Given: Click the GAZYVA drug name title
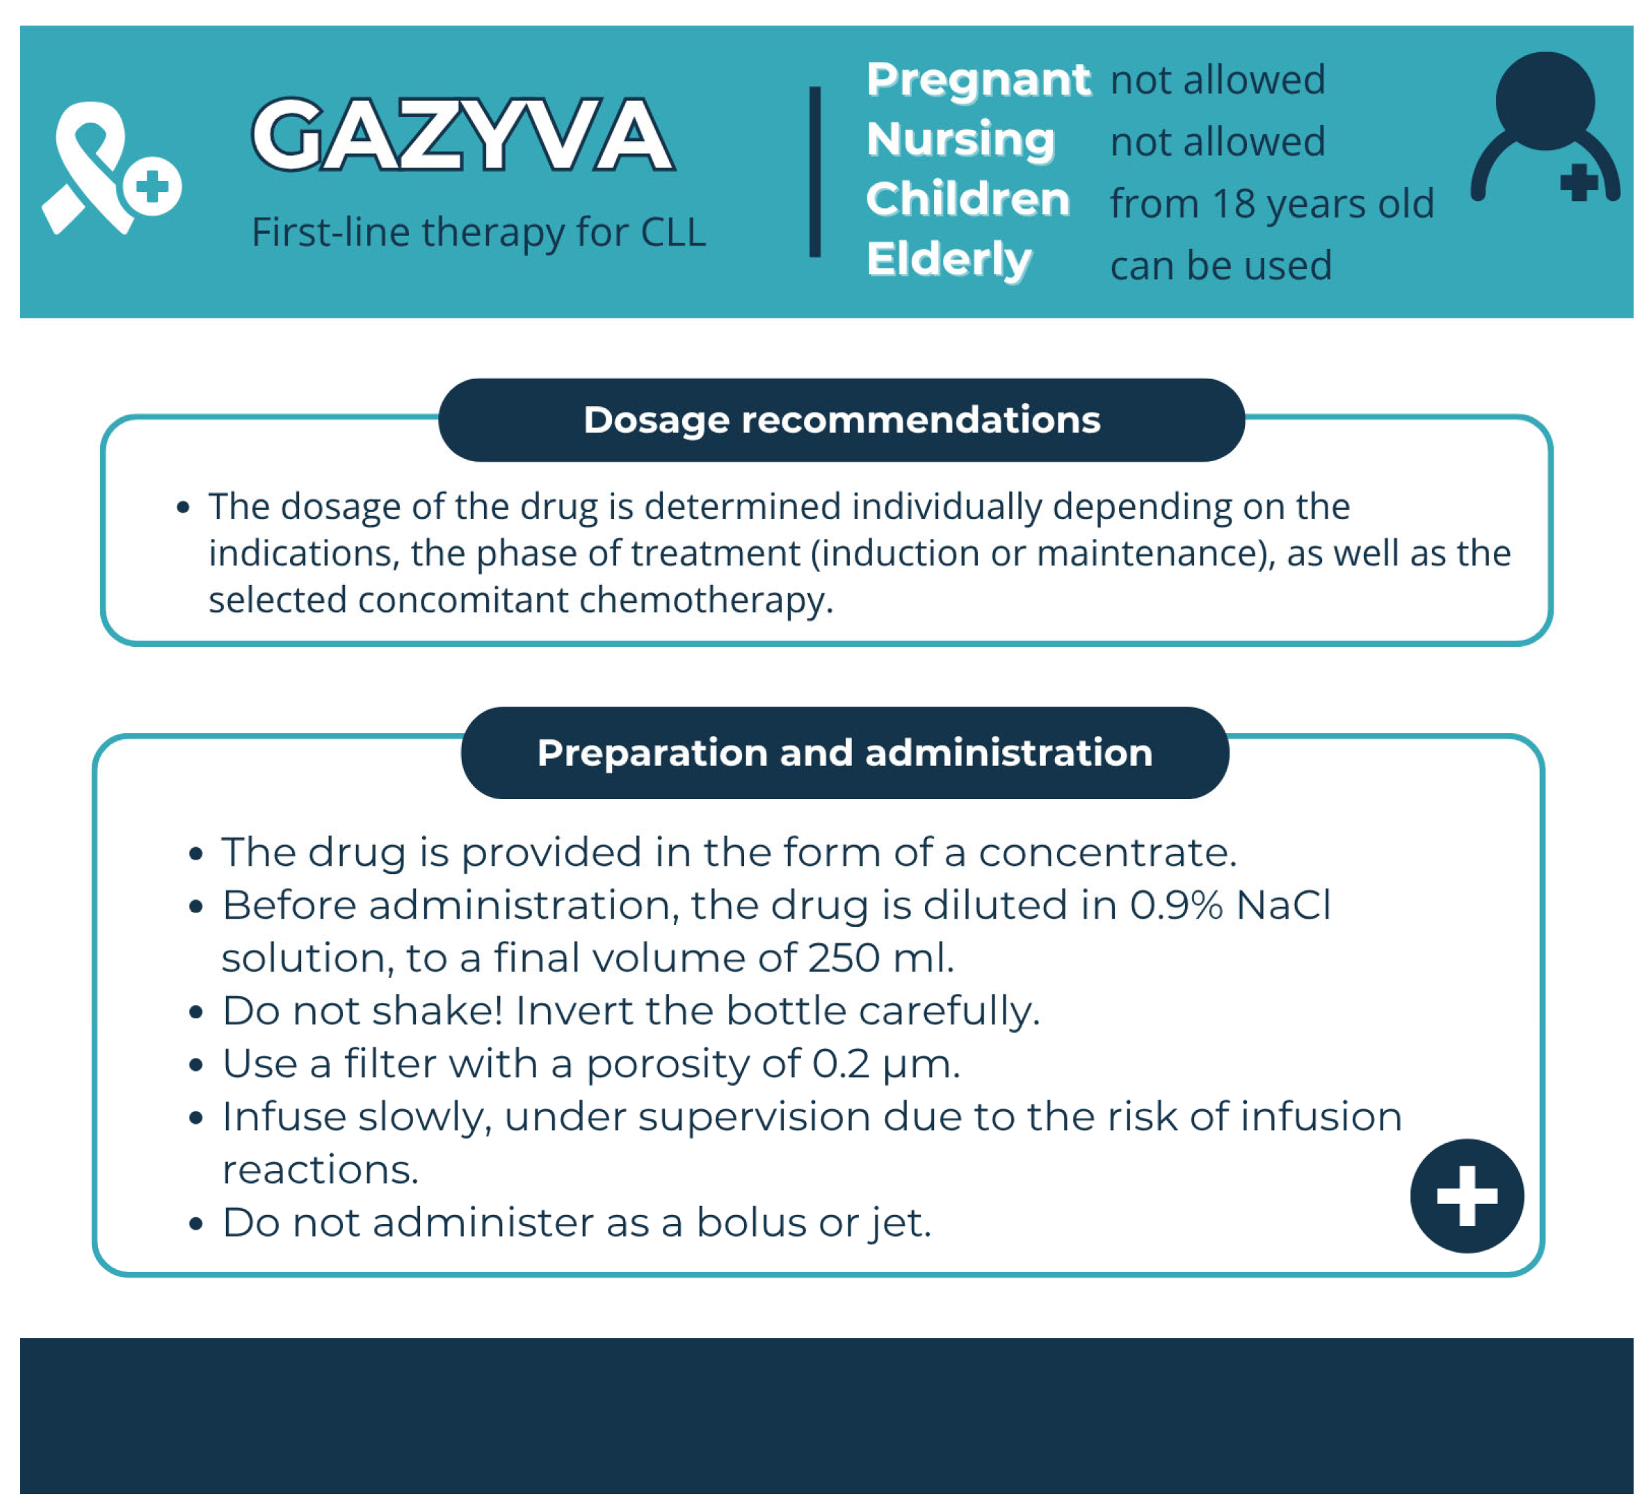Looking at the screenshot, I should click(462, 134).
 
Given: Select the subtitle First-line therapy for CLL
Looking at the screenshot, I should click(478, 232).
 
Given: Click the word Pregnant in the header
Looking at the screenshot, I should click(978, 79).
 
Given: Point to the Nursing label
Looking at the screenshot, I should click(960, 139).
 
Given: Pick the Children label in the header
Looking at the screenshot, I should click(968, 199).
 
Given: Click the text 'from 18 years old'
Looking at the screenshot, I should click(1272, 203).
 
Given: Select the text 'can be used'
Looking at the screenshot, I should click(1221, 266).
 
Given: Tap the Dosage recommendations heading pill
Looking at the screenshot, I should click(841, 420).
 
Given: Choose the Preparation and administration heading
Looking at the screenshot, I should click(844, 753).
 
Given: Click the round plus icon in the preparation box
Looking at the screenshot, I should click(1467, 1196).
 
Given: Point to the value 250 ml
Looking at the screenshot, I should click(880, 958).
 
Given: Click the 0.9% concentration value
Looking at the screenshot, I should click(1176, 905).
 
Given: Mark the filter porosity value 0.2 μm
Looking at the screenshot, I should click(885, 1064).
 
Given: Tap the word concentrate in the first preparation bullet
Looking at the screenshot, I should click(1106, 852).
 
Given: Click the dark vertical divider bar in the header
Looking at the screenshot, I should click(815, 172).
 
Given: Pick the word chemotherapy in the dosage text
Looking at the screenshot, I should click(705, 600).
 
